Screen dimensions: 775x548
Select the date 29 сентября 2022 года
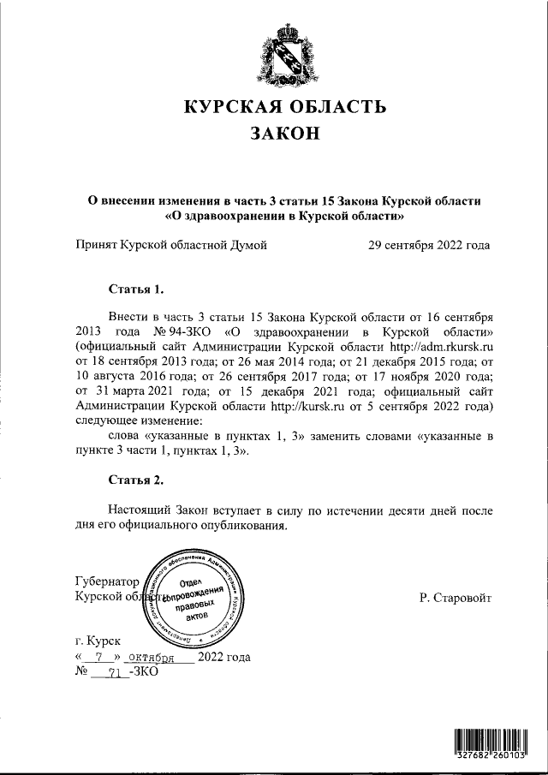point(428,246)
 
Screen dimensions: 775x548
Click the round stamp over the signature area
point(197,599)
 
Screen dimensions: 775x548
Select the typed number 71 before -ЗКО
point(106,673)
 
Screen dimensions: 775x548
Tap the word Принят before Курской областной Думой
point(96,246)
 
